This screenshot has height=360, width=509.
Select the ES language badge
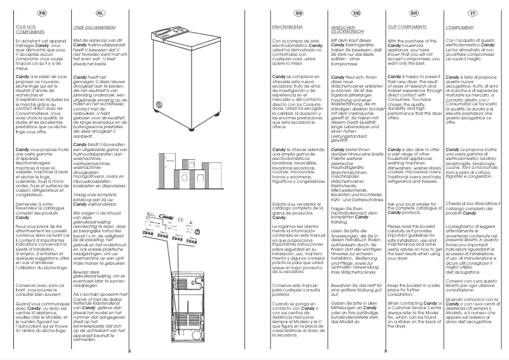click(281, 12)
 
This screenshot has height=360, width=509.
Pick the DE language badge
click(340, 12)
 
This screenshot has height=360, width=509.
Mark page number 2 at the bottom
click(128, 350)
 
